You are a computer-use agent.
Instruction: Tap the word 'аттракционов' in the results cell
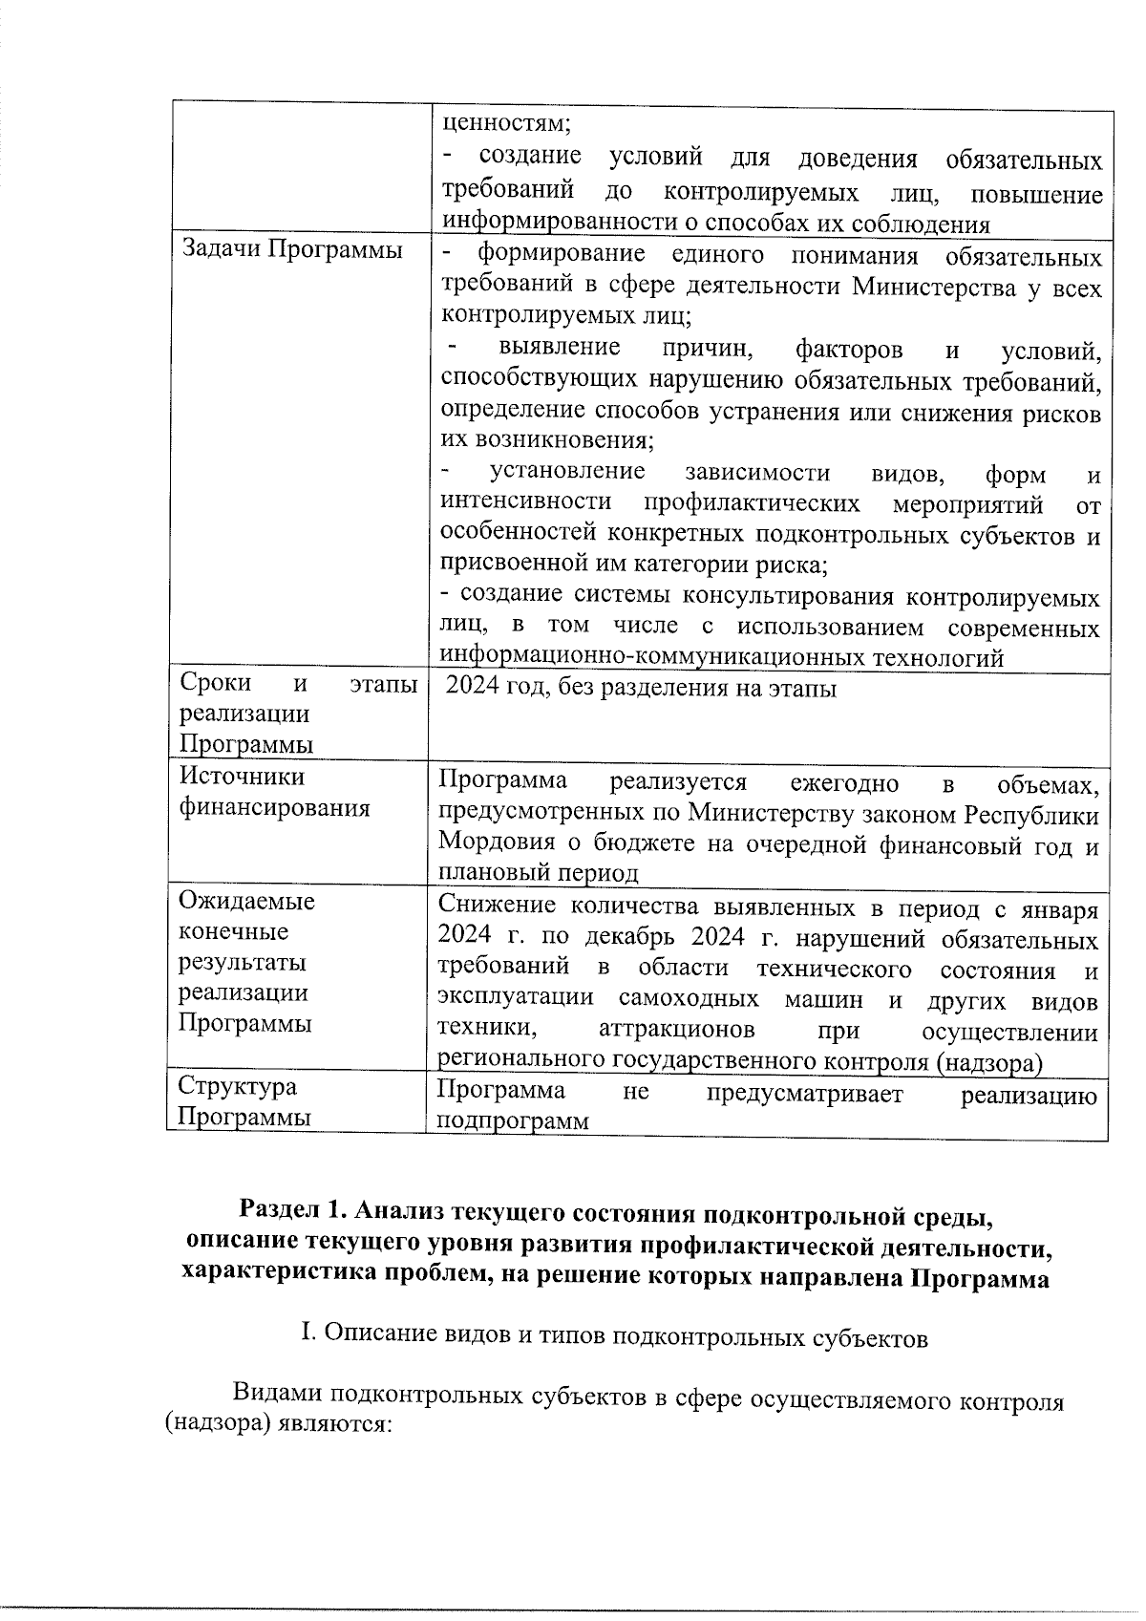[676, 1031]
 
